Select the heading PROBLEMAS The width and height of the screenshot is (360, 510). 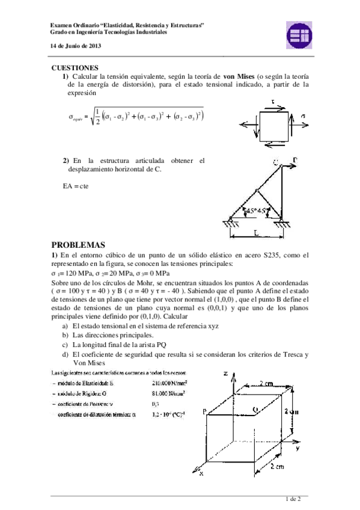click(78, 245)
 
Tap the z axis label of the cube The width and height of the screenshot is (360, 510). click(225, 373)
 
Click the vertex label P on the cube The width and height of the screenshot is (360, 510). click(204, 411)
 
